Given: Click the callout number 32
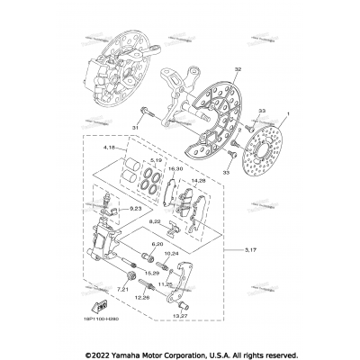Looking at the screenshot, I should click(x=212, y=69).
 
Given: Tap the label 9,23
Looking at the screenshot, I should click(x=135, y=209).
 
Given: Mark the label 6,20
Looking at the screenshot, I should click(x=157, y=243).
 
